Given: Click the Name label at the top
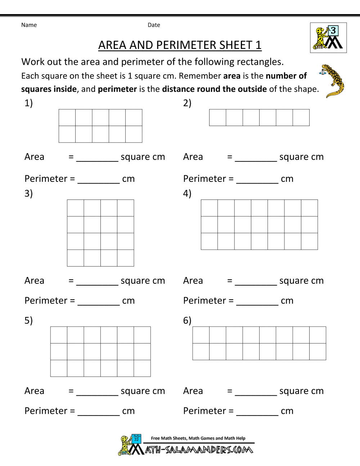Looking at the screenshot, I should click(29, 25).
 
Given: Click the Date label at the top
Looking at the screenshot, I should click(154, 25).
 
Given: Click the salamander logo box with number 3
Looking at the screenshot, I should click(328, 38).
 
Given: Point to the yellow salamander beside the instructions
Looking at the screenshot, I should click(333, 81).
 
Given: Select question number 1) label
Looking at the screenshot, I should click(28, 103).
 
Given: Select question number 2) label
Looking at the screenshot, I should click(187, 103).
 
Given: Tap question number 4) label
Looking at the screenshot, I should click(187, 193).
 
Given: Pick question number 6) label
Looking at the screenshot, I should click(187, 320).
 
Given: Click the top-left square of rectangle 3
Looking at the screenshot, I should click(76, 208).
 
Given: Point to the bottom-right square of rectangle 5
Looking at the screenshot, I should click(142, 368).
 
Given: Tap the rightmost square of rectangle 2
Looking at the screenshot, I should click(301, 118).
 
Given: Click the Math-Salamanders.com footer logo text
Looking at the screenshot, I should click(199, 450).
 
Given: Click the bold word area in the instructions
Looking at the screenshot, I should click(232, 76).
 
